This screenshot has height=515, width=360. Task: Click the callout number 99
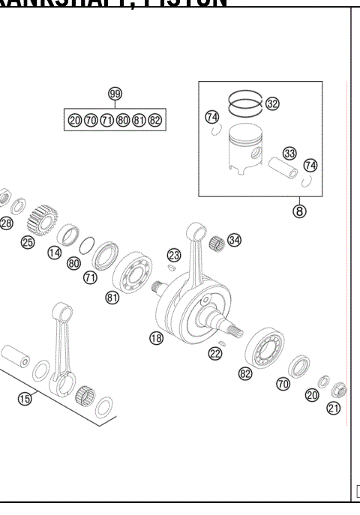(115, 94)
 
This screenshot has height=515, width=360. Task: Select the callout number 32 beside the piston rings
(272, 104)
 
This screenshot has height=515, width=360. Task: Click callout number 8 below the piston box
(298, 211)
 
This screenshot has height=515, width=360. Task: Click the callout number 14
(54, 253)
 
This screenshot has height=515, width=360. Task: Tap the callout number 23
(174, 255)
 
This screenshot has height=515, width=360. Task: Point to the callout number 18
(156, 338)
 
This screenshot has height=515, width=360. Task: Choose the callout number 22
(215, 353)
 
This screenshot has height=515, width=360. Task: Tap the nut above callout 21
(338, 389)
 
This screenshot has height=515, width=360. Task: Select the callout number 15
(25, 398)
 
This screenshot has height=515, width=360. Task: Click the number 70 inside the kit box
(90, 120)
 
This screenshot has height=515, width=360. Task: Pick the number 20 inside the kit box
(74, 120)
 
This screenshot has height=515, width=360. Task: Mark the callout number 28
(6, 223)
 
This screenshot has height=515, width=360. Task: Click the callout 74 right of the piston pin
(310, 166)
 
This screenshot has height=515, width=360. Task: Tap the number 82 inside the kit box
(154, 120)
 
